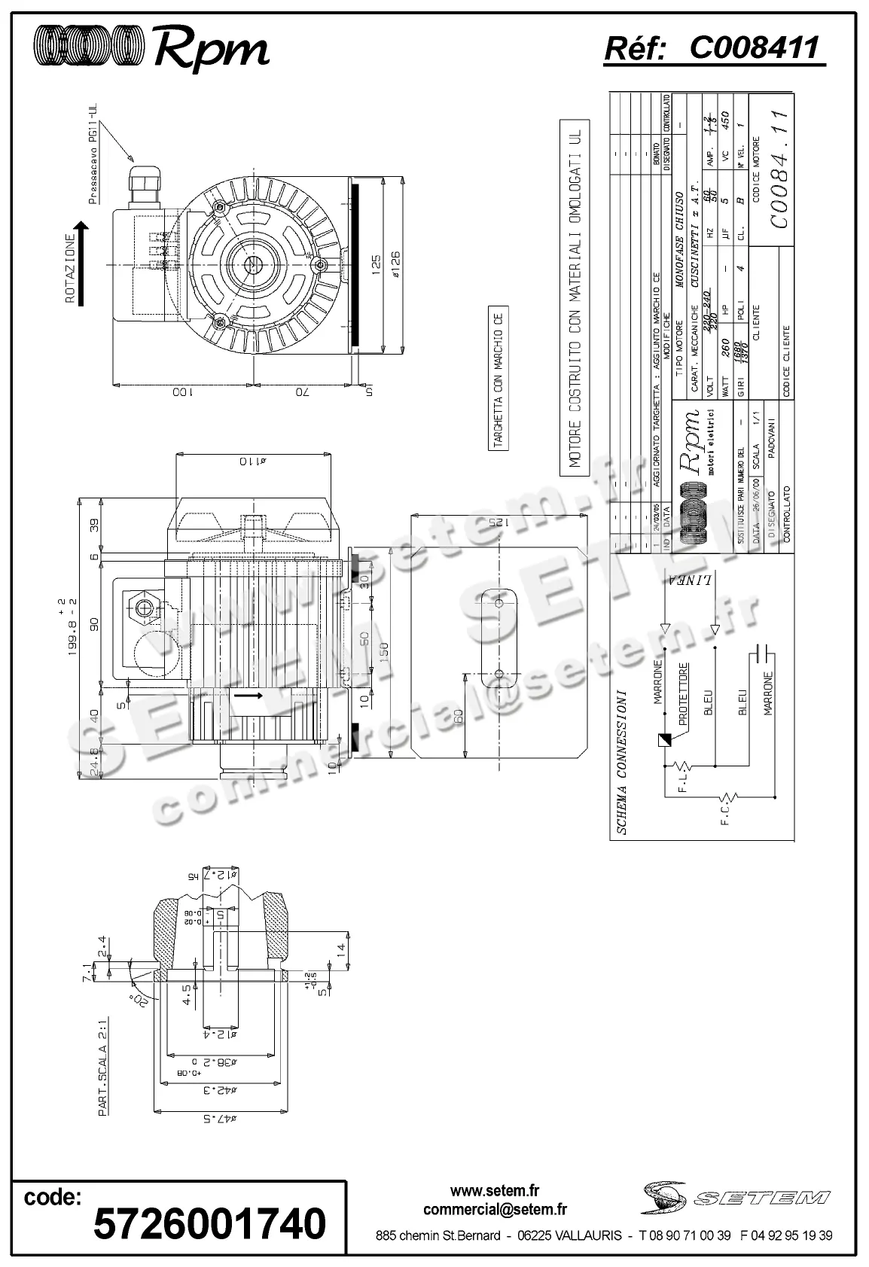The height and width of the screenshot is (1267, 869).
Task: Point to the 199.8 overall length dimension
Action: [73, 627]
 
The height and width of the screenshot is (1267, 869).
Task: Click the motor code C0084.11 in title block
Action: [779, 169]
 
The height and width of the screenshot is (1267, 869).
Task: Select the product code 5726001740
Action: [209, 1223]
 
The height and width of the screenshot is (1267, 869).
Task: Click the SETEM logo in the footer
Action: [736, 1196]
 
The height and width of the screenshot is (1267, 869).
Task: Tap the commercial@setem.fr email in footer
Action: [495, 1210]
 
